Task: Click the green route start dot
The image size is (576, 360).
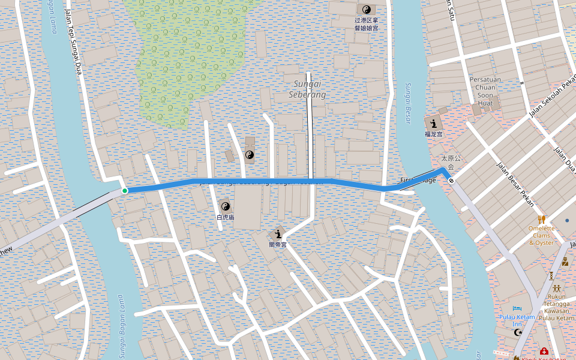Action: point(125,191)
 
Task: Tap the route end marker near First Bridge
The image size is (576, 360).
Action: point(451,180)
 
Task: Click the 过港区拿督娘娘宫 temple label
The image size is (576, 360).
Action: point(366,24)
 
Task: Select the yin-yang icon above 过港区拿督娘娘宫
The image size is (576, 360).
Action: point(366,10)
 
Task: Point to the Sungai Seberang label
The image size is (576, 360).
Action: point(307,89)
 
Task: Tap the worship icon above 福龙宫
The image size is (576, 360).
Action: point(433,122)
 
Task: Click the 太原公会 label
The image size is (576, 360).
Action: point(451,163)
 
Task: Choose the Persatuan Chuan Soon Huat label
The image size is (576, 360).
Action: point(485,91)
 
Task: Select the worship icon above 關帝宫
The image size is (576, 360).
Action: point(278,233)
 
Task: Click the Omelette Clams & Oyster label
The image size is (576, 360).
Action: point(541,235)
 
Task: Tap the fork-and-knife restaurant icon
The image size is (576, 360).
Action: point(542,219)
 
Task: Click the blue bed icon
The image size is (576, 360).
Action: point(517,308)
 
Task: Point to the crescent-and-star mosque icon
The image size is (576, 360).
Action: point(518,332)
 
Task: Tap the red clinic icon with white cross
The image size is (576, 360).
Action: point(544,352)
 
